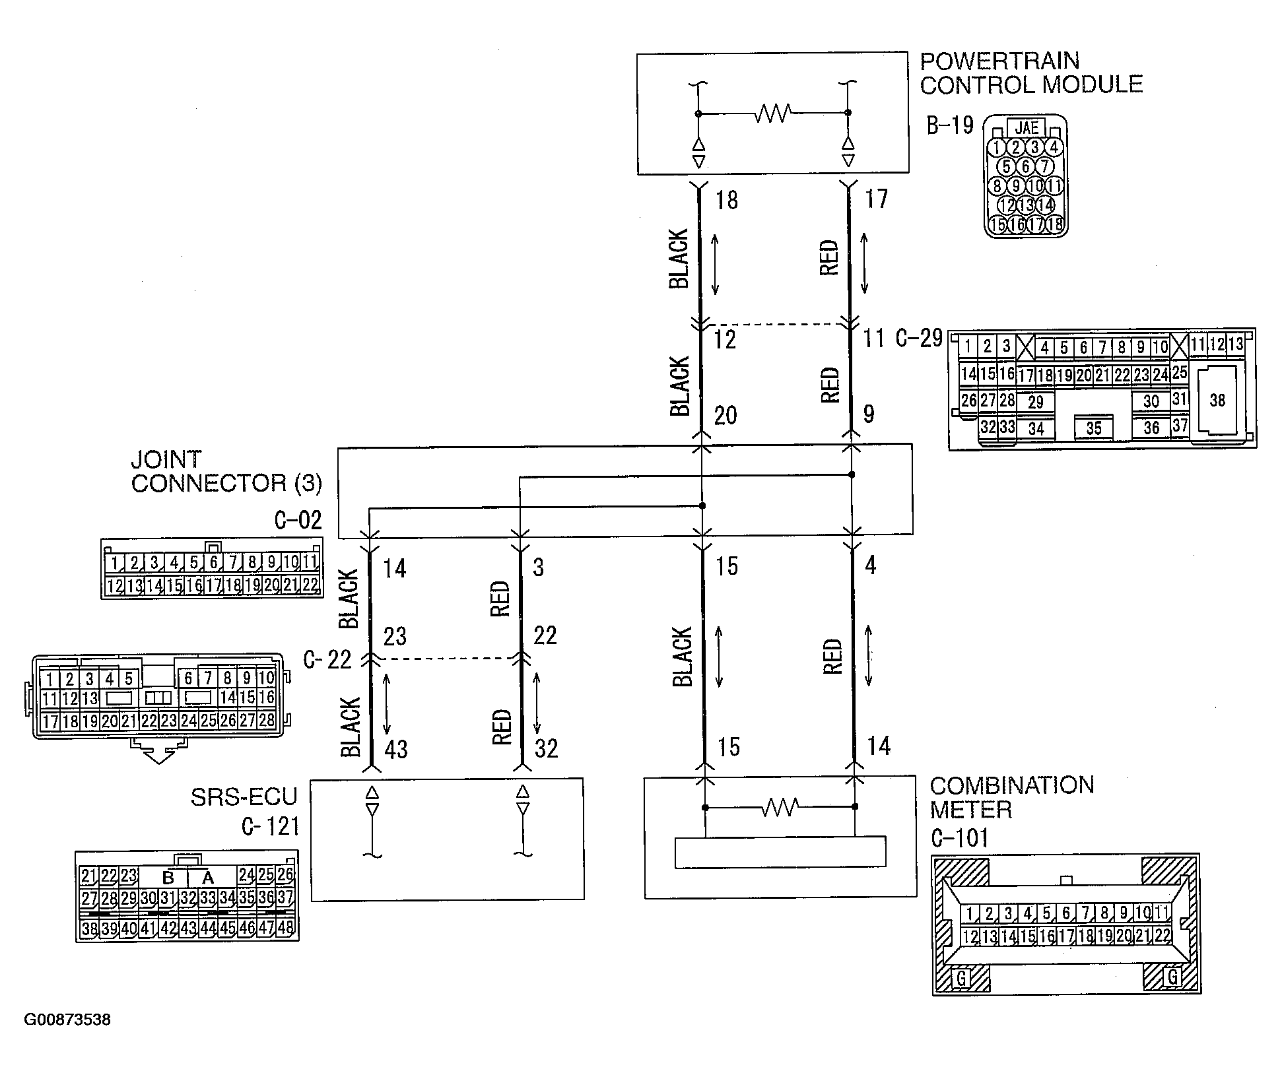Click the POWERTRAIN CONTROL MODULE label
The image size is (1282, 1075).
1030,73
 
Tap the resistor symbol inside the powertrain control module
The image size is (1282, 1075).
772,114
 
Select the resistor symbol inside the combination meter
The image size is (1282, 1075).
780,806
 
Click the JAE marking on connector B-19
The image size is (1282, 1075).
1026,128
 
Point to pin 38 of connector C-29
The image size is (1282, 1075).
1217,400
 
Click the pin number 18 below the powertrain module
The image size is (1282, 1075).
726,201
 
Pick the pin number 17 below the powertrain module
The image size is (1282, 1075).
876,199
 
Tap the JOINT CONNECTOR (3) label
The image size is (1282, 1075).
226,471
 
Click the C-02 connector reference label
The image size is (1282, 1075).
298,521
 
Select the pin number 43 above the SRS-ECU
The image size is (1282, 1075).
395,750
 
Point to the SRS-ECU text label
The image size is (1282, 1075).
244,797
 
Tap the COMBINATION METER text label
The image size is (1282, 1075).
1011,797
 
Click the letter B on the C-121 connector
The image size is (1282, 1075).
168,878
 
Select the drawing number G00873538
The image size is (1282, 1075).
67,1020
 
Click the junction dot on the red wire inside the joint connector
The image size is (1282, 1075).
852,474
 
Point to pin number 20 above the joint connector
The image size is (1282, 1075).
725,416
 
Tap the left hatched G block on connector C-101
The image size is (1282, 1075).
962,977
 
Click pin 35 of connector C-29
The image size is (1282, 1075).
1093,428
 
